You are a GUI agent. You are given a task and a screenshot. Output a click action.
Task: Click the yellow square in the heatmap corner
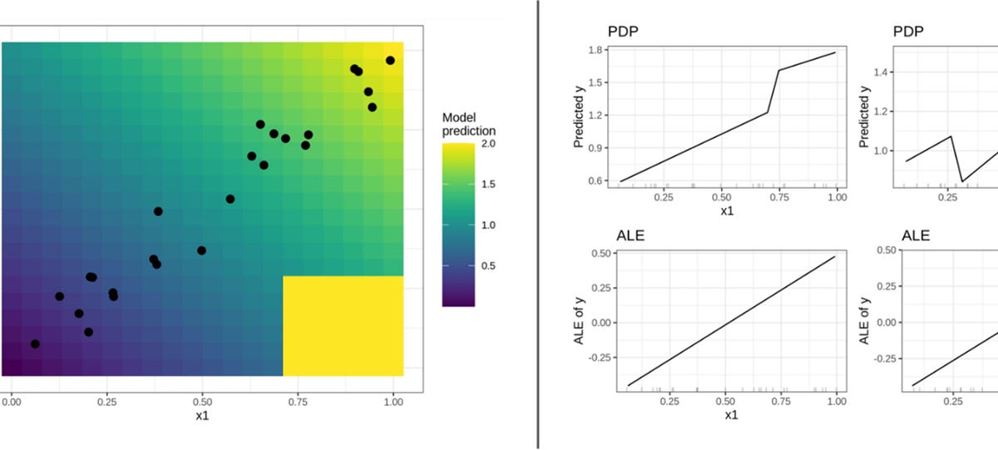pos(343,326)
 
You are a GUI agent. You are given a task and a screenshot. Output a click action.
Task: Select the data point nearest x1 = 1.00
pos(390,61)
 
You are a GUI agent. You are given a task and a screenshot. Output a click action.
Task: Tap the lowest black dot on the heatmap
pos(35,344)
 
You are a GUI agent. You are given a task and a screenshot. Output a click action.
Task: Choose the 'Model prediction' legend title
pos(468,125)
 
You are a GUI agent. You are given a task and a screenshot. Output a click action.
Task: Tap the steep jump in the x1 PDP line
pos(773,91)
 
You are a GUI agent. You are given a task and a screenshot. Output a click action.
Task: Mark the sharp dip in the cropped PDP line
pos(962,181)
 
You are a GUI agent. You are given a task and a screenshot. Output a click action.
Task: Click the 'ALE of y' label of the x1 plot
pos(580,320)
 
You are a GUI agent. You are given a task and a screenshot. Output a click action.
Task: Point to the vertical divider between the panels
pos(538,225)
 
